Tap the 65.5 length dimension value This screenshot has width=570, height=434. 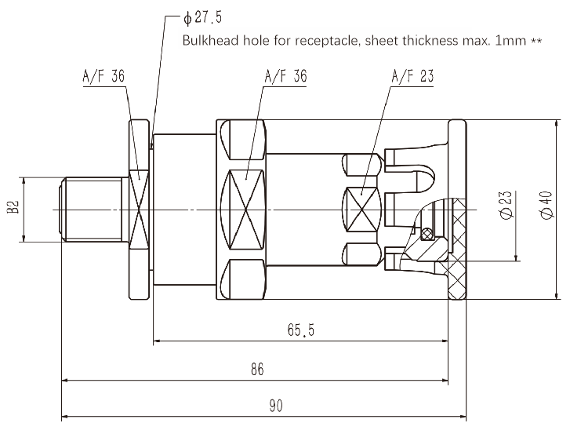(x=300, y=331)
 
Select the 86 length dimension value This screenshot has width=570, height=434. (x=256, y=369)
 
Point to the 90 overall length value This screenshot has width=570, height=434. (x=275, y=406)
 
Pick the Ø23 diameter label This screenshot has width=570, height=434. (x=506, y=206)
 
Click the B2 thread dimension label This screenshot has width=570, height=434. (x=13, y=208)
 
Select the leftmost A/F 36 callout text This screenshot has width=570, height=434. (x=103, y=77)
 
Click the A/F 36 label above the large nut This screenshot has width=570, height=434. (x=285, y=77)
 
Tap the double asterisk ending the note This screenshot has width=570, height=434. (x=537, y=39)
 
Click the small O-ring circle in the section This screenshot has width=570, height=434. (x=427, y=233)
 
